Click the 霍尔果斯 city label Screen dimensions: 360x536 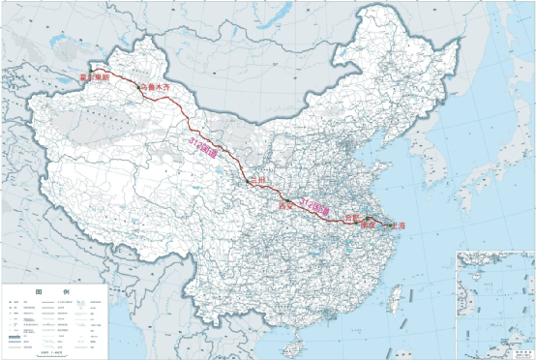(94, 75)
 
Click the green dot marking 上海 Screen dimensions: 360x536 (390, 225)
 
